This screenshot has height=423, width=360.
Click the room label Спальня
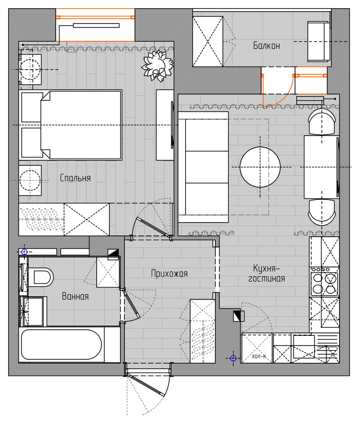tap(75, 178)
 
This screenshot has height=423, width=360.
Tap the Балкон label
tap(266, 46)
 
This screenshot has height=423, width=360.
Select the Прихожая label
tap(169, 273)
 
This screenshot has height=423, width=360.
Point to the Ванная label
tap(75, 296)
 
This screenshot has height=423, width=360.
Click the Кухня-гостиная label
tap(266, 273)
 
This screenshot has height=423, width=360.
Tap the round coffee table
tap(260, 167)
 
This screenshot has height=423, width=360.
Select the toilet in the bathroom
tap(41, 277)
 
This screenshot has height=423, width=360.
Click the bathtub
tap(62, 344)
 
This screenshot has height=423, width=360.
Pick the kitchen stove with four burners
tap(324, 282)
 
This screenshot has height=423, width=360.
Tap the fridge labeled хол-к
tap(257, 348)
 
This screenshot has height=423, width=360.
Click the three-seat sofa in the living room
tap(204, 167)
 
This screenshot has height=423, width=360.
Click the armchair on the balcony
tap(319, 41)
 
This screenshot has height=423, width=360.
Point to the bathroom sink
tap(33, 311)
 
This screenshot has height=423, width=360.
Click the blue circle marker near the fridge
tap(233, 358)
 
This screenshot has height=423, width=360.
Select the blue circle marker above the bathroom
tap(24, 252)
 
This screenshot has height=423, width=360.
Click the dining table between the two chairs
tap(322, 167)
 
